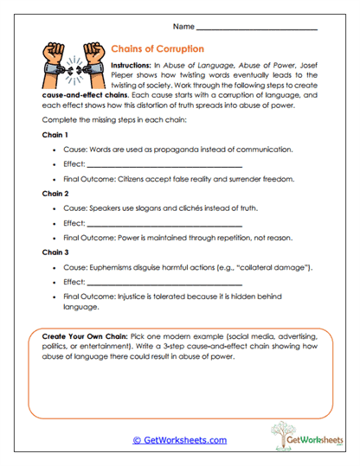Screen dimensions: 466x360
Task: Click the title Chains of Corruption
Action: pyautogui.click(x=157, y=49)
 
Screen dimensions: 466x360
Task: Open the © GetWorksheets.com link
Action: pyautogui.click(x=180, y=440)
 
